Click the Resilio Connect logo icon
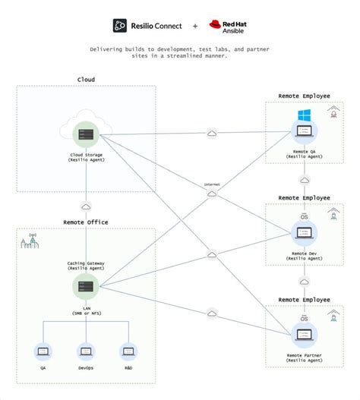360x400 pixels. point(120,26)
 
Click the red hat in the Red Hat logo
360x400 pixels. point(215,24)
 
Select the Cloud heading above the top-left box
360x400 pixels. point(86,79)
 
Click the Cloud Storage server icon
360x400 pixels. point(86,135)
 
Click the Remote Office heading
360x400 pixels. point(86,222)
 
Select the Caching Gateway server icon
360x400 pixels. point(86,286)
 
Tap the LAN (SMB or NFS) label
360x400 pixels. point(86,311)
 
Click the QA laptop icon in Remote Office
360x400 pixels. point(43,351)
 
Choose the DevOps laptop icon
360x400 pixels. point(86,351)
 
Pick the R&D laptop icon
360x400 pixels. point(128,351)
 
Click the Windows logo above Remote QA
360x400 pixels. point(304,115)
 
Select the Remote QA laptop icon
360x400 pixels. point(304,134)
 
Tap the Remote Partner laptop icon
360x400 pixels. point(304,335)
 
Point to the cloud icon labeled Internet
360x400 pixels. point(212,193)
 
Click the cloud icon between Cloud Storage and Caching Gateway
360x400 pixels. point(86,206)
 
